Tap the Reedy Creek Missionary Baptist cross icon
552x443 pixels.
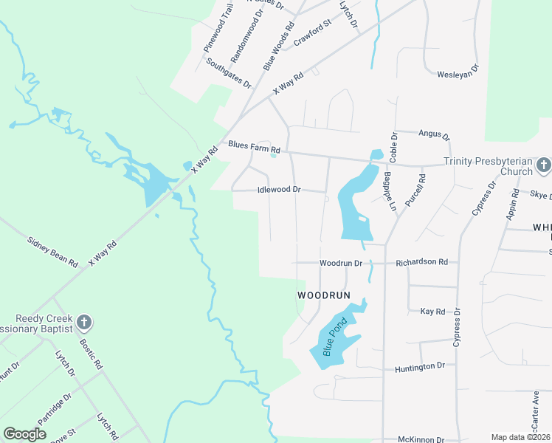pyautogui.click(x=84, y=322)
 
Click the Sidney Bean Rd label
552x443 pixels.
pyautogui.click(x=52, y=251)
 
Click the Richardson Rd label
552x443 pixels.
pyautogui.click(x=421, y=262)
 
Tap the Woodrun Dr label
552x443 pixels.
pyautogui.click(x=341, y=263)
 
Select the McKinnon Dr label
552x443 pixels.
pyautogui.click(x=421, y=439)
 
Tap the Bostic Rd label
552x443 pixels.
pyautogui.click(x=90, y=354)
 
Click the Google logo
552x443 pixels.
pyautogui.click(x=25, y=433)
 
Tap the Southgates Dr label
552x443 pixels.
pyautogui.click(x=229, y=72)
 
